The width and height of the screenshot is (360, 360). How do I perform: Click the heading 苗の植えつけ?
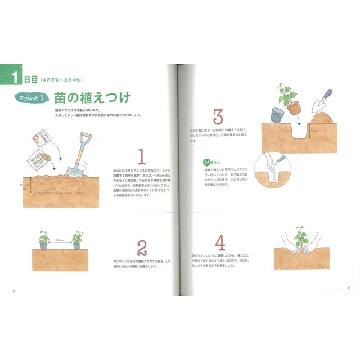[x=92, y=98]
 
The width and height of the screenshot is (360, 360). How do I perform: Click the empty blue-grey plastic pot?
[x=276, y=115]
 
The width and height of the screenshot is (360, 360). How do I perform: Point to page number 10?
[x=12, y=290]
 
